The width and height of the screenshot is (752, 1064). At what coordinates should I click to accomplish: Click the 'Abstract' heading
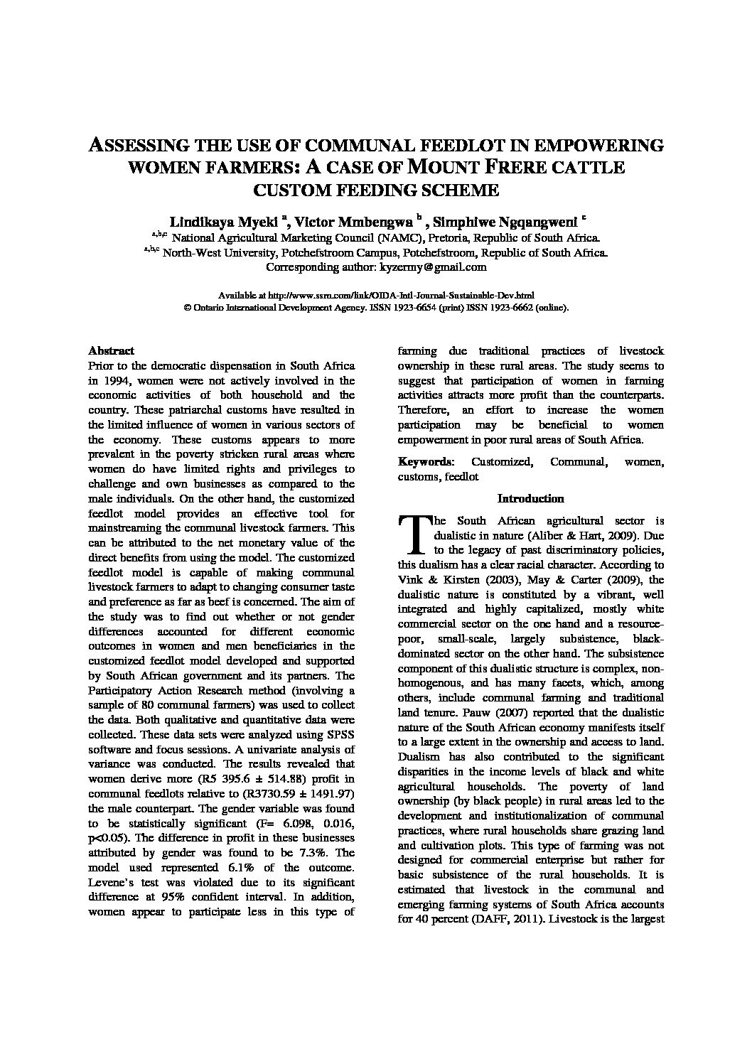point(111,350)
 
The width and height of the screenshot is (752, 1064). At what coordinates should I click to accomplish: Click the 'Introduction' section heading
point(530,499)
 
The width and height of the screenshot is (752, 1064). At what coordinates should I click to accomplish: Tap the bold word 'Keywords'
point(425,462)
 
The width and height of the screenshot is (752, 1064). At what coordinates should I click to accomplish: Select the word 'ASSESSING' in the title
point(138,146)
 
